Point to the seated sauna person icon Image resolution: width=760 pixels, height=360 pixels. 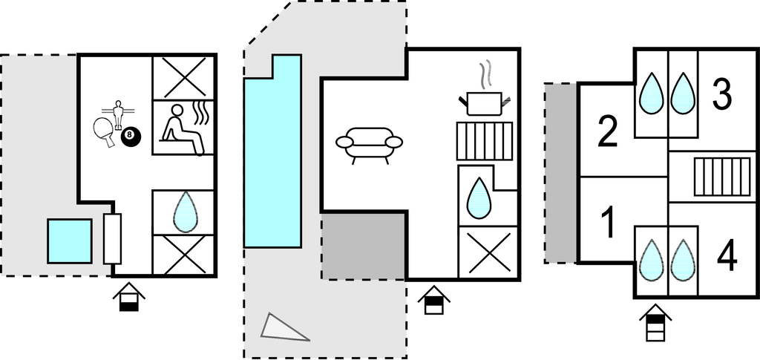181,129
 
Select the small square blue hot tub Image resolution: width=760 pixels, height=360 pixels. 70,241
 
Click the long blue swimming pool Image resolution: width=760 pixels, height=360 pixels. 272,151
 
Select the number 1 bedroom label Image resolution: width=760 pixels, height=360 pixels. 606,223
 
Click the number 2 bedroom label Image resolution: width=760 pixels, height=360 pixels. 608,131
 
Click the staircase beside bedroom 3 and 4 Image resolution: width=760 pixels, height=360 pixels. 722,177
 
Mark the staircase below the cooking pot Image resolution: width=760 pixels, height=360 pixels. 485,141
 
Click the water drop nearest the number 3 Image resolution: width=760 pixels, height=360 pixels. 684,94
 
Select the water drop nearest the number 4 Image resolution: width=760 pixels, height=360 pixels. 683,260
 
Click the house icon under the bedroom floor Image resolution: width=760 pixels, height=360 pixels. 655,323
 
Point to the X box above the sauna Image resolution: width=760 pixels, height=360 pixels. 183,77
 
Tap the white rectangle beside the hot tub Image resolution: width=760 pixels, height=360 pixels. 112,239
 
